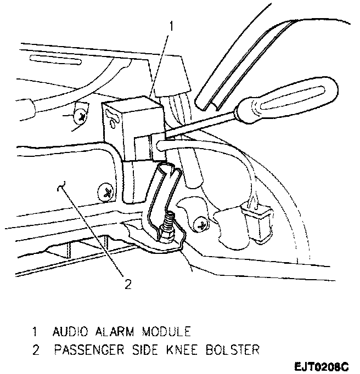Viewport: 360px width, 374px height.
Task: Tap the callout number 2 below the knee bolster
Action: [128, 284]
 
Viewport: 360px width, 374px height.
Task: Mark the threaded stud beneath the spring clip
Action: [169, 225]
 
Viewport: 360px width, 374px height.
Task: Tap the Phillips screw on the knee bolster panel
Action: [104, 192]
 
